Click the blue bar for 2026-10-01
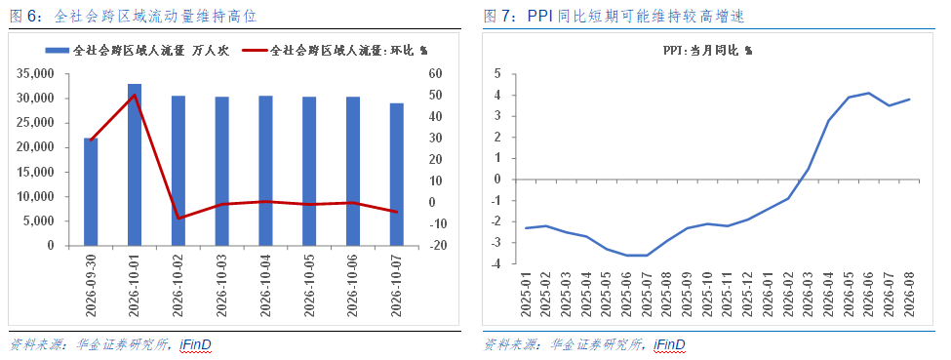click(135, 165)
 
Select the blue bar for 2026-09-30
click(91, 192)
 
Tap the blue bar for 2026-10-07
click(397, 175)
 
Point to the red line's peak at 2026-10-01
click(135, 95)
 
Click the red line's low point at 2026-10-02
click(178, 218)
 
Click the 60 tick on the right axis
click(434, 74)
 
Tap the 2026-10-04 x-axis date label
click(265, 285)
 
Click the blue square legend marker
click(59, 51)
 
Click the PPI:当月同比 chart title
click(707, 51)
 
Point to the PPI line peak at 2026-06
click(868, 93)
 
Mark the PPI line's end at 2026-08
click(909, 99)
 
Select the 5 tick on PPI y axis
click(497, 74)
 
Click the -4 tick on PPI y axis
click(495, 264)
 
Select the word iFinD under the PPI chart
click(669, 345)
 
